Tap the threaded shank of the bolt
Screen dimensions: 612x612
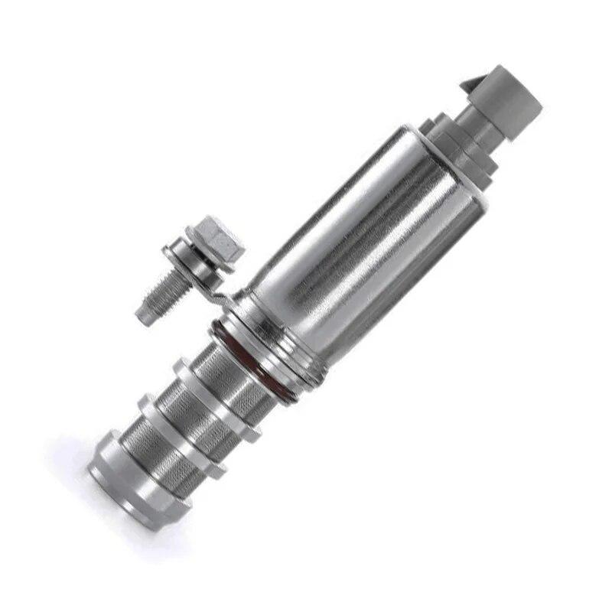[164, 290]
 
